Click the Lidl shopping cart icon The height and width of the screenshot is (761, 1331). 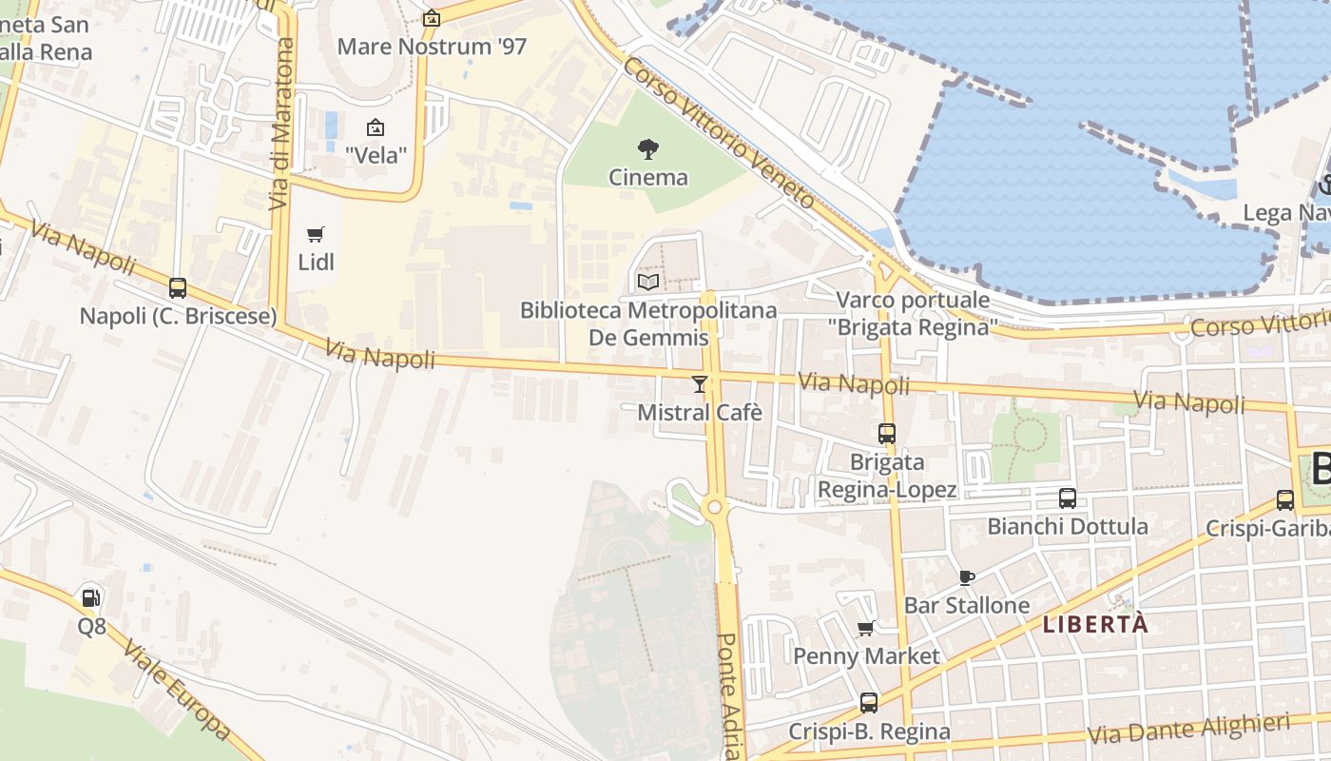click(316, 234)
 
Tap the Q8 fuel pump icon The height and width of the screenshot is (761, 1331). click(91, 597)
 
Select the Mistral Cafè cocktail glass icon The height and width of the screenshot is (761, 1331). click(700, 383)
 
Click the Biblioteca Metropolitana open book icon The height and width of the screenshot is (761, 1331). click(648, 282)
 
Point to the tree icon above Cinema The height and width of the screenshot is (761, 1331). click(648, 148)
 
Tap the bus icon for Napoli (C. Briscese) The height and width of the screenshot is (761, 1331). click(178, 287)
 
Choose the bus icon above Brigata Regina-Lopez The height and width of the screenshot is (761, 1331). click(887, 434)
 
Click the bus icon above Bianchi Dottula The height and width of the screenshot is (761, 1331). click(1068, 498)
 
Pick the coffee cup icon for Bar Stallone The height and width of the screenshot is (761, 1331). click(967, 577)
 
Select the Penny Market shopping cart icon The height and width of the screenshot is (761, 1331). click(866, 628)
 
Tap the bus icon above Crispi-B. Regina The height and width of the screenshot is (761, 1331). click(869, 703)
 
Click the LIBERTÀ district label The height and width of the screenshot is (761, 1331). click(1095, 625)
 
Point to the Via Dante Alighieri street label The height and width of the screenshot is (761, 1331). click(1187, 730)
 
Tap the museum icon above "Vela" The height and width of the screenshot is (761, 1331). click(376, 127)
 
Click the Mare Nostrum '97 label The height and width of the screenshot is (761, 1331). click(432, 46)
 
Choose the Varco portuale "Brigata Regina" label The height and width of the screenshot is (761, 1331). click(913, 314)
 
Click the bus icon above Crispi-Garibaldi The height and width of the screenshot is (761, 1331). click(1285, 499)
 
